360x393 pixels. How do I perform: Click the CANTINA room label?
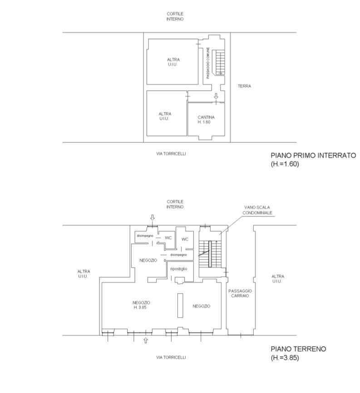(x=206, y=119)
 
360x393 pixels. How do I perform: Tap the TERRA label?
(x=244, y=86)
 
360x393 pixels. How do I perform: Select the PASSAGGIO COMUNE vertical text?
(x=208, y=63)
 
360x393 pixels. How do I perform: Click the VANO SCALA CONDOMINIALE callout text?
(x=257, y=210)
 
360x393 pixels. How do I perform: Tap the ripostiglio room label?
(x=179, y=269)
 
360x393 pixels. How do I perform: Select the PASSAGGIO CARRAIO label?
(x=240, y=293)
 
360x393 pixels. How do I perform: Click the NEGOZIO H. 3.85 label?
(x=141, y=305)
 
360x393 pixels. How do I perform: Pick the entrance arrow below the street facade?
(x=146, y=340)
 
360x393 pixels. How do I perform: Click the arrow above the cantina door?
(x=216, y=96)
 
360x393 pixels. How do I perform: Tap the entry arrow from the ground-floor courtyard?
(x=152, y=217)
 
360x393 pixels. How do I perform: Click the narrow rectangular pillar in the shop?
(x=180, y=305)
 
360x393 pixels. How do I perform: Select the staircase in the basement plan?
(x=219, y=62)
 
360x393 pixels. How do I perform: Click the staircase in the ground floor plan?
(x=210, y=254)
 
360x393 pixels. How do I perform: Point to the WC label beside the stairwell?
(x=185, y=239)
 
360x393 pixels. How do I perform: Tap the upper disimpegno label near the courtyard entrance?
(x=145, y=236)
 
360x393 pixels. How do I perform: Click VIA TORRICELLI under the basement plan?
(x=171, y=154)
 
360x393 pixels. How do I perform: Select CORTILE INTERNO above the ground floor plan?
(x=175, y=204)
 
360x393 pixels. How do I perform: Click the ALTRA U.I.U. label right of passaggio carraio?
(x=278, y=279)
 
